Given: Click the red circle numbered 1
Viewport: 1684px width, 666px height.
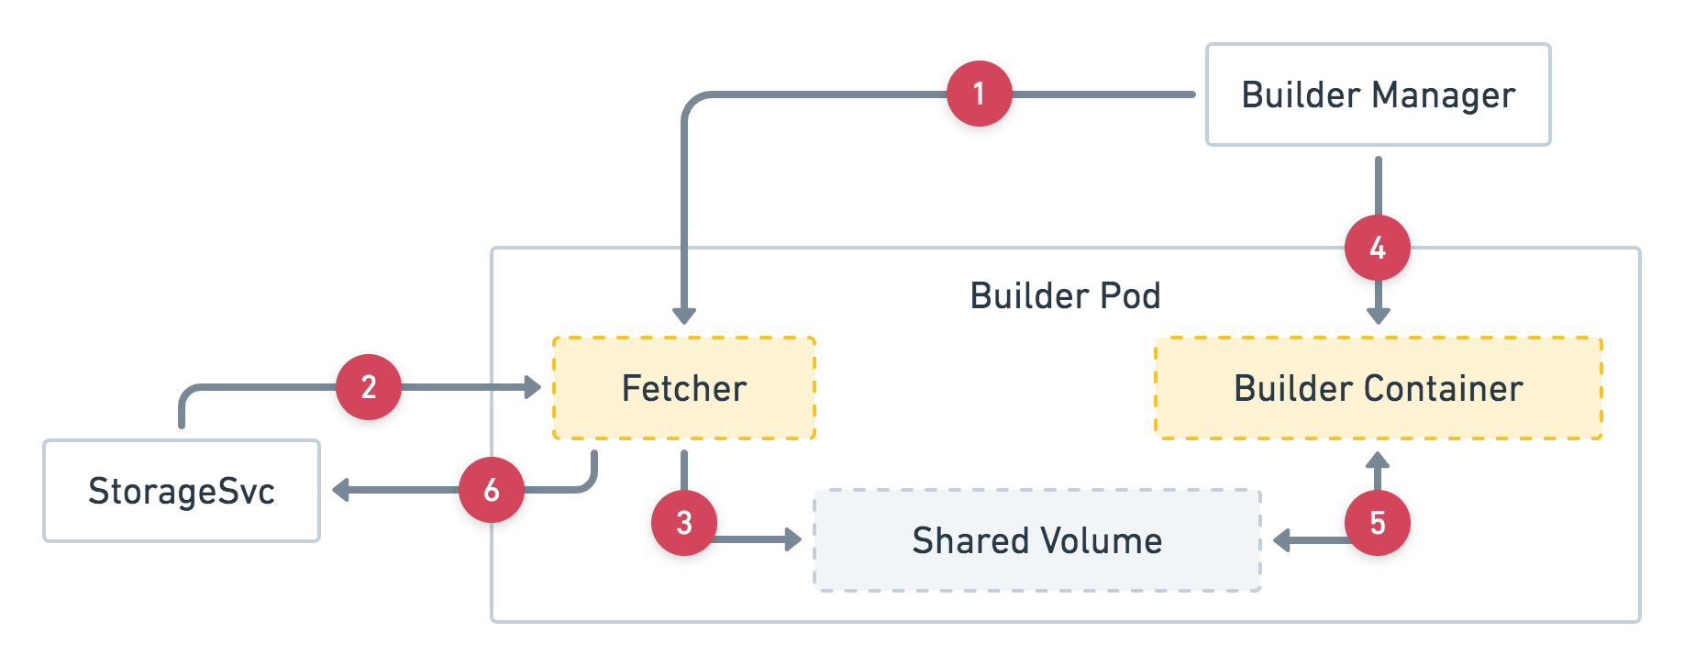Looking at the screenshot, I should [x=979, y=94].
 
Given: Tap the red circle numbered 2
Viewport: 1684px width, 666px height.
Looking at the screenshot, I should [x=368, y=387].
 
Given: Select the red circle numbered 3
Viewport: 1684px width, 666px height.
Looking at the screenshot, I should [x=683, y=523].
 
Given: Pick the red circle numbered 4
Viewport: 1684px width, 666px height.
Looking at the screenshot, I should [x=1377, y=248].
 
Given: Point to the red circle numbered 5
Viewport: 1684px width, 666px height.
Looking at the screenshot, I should [x=1377, y=523].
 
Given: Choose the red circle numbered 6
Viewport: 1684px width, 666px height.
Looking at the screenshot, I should [x=491, y=490].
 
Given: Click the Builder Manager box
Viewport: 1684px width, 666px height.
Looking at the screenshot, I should [x=1378, y=94].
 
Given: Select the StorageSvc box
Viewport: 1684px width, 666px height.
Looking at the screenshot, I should [x=182, y=491].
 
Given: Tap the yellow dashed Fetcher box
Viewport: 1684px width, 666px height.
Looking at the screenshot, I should [x=683, y=388].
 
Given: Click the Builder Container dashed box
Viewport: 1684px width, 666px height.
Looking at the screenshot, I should [x=1378, y=388].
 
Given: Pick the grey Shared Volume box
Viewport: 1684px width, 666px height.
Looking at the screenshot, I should [x=1036, y=540].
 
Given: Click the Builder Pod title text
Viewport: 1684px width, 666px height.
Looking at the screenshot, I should [x=1065, y=295].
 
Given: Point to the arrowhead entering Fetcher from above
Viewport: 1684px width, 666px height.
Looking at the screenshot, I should [x=683, y=316].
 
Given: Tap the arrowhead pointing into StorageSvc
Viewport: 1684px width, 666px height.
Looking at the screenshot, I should [x=341, y=490].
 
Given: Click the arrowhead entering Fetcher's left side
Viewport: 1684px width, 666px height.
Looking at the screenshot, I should [x=532, y=387].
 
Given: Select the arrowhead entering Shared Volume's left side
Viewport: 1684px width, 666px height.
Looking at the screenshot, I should [x=792, y=539].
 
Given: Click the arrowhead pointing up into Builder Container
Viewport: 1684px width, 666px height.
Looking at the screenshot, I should [x=1377, y=460].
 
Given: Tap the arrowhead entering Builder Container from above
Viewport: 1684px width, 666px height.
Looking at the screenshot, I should [x=1378, y=316].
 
